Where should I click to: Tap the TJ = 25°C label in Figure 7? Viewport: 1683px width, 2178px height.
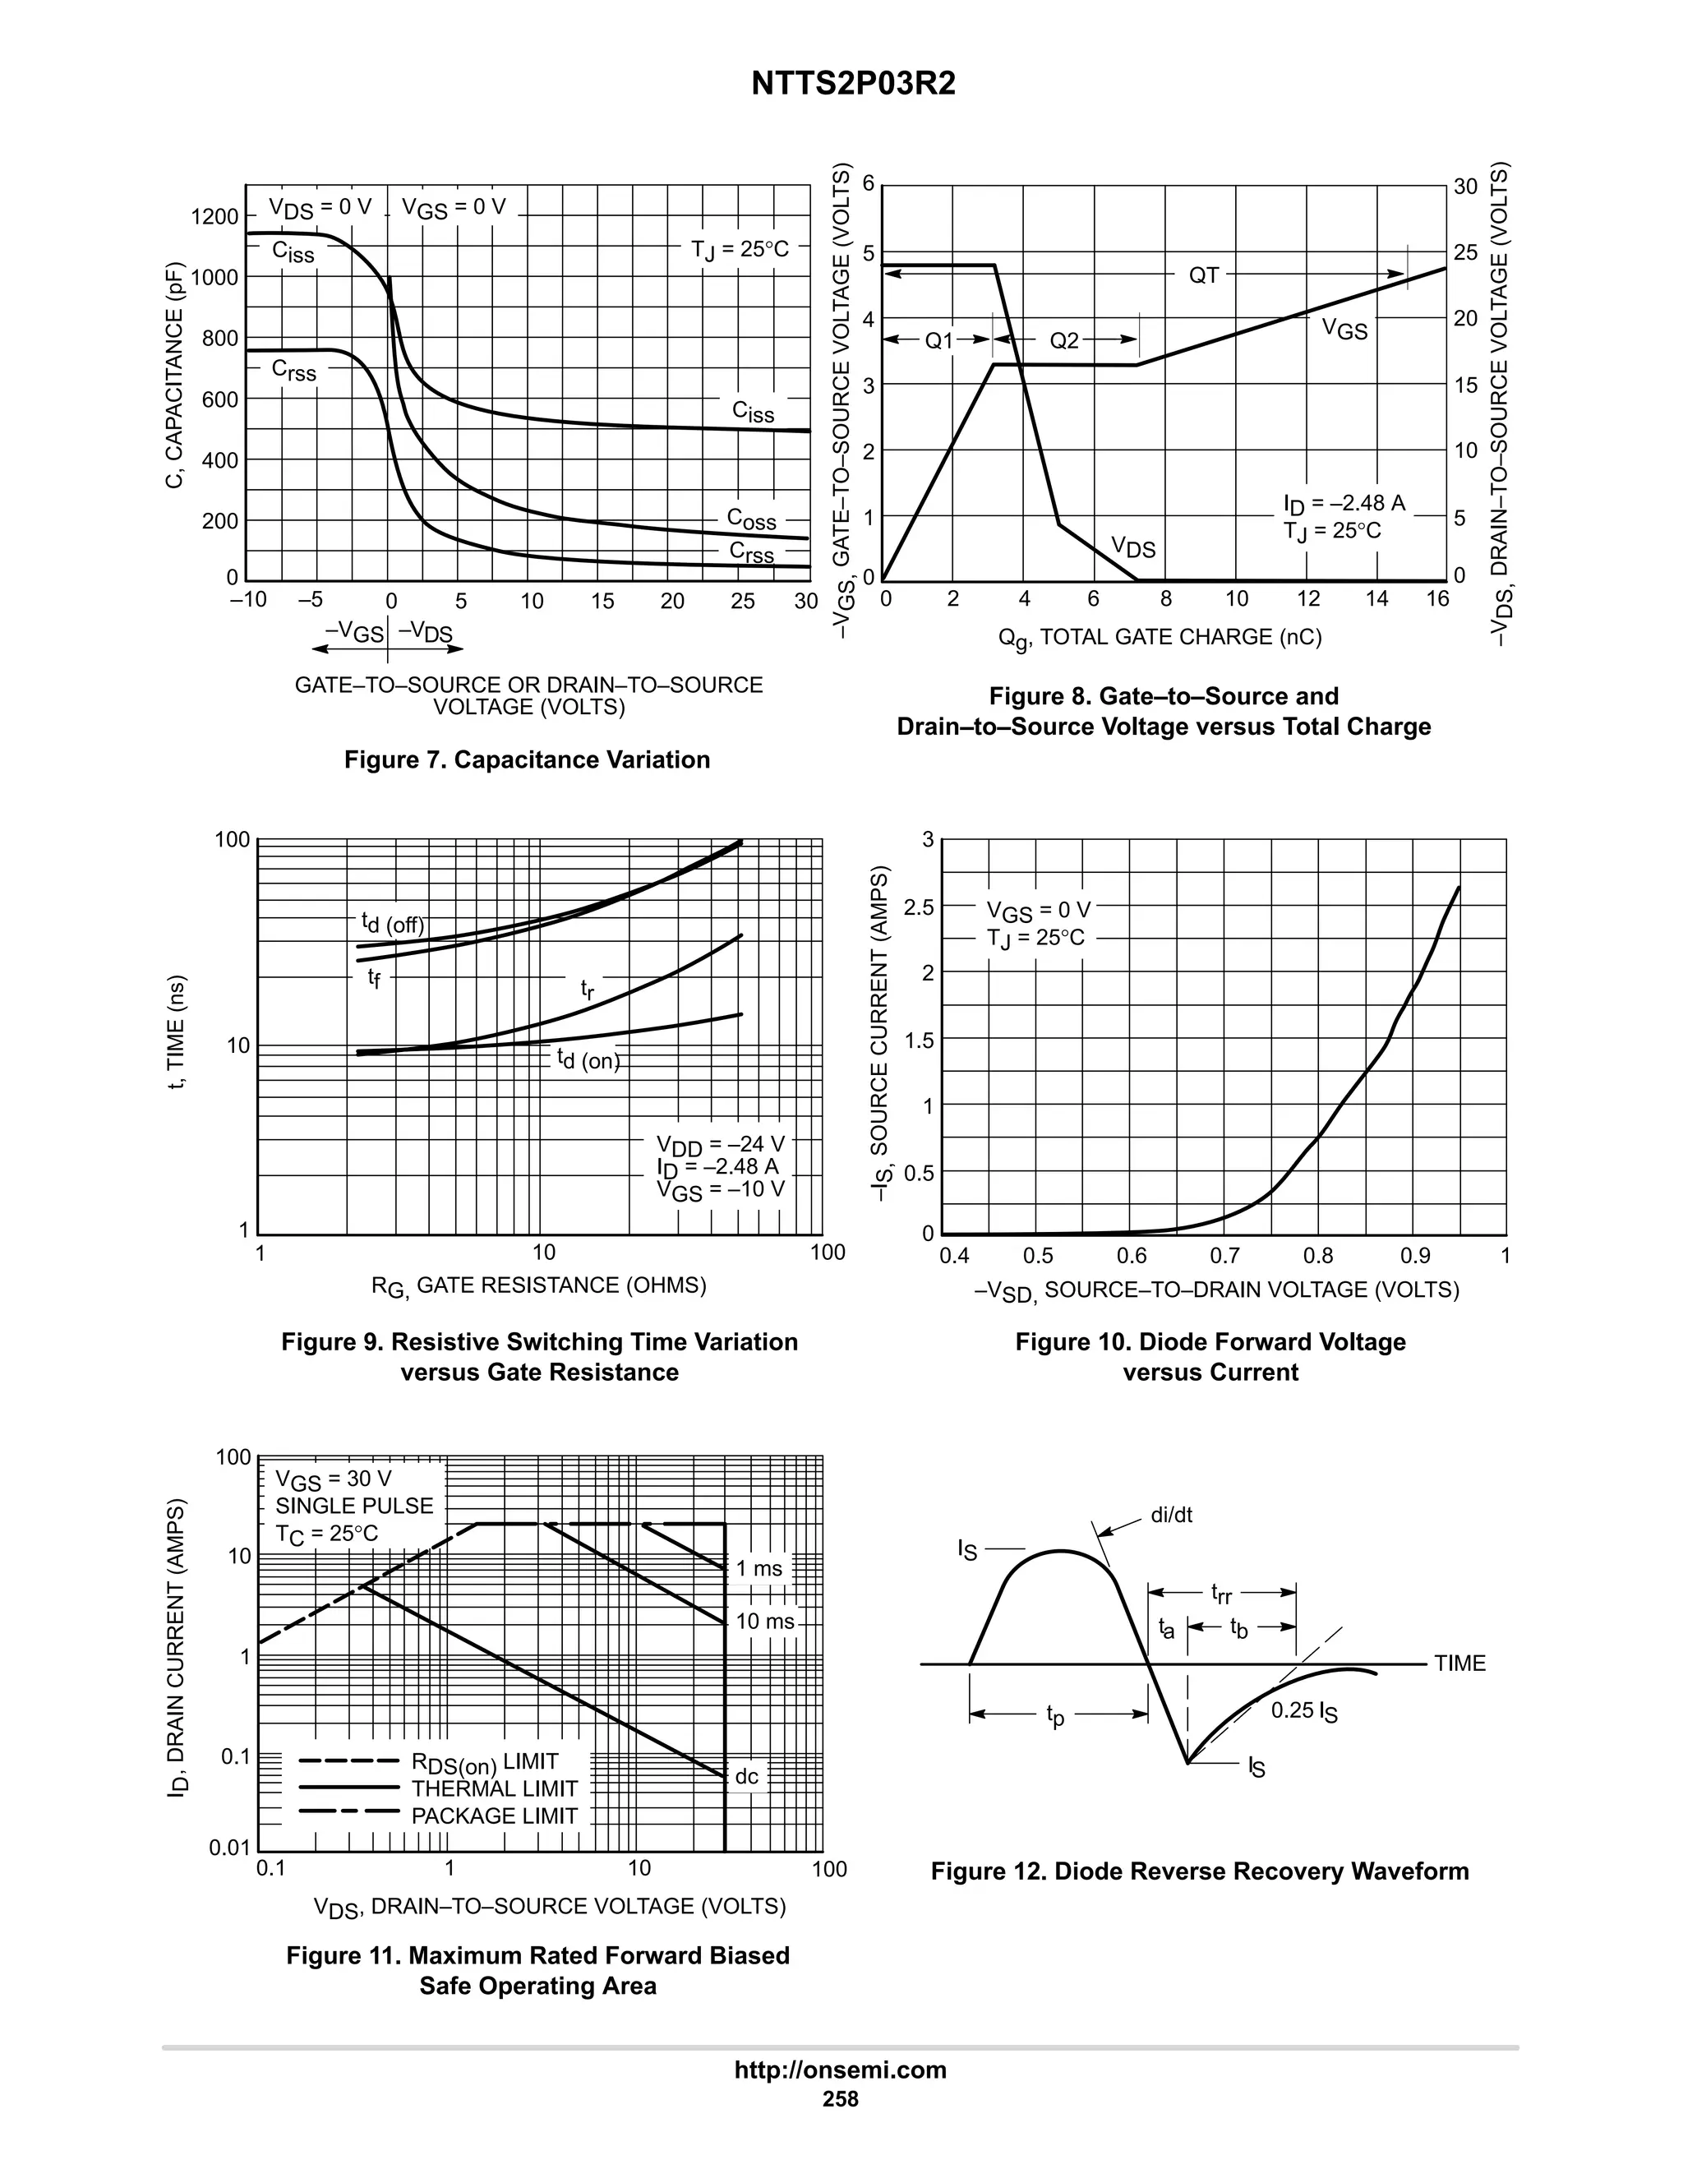(740, 249)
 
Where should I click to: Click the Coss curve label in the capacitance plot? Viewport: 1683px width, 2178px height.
(751, 519)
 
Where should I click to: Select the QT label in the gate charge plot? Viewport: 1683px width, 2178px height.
(1203, 276)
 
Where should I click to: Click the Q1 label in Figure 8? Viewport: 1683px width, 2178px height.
(939, 341)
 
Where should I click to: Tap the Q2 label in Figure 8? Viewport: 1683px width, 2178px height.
(1064, 341)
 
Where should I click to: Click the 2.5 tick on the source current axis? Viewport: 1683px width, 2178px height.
(918, 907)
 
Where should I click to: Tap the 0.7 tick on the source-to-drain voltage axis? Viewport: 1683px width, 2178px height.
(1224, 1256)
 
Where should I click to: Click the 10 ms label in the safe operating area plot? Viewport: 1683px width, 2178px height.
(765, 1622)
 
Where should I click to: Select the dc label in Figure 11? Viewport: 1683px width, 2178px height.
(746, 1776)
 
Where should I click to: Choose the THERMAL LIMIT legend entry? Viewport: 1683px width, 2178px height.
(495, 1789)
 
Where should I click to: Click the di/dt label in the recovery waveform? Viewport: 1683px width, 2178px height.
(1172, 1516)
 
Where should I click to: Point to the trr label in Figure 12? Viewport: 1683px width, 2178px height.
(1220, 1594)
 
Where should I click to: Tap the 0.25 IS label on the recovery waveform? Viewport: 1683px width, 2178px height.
(1303, 1711)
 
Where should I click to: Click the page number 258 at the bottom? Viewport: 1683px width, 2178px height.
(841, 2099)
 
